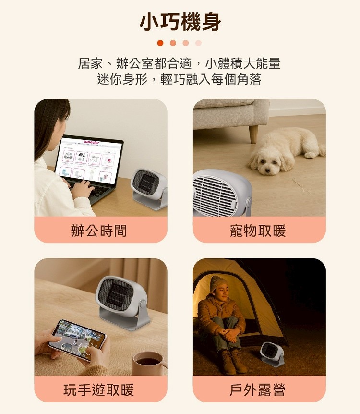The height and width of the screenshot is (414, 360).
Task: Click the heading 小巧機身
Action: [x=180, y=22]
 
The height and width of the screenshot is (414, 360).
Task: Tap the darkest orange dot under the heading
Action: [x=160, y=43]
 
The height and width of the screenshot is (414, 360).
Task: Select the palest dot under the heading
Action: [x=198, y=43]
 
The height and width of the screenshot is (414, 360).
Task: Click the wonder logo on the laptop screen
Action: [x=92, y=142]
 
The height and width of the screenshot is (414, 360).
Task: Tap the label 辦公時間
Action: [x=99, y=231]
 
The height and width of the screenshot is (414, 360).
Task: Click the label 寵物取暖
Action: [x=258, y=231]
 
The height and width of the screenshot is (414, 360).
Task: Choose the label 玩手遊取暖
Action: [x=99, y=390]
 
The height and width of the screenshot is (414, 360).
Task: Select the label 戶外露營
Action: [x=257, y=390]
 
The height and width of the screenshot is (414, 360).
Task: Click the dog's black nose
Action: [x=268, y=170]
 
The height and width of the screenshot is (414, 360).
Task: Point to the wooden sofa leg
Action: [x=253, y=134]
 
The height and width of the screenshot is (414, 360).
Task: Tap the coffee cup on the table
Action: [x=149, y=363]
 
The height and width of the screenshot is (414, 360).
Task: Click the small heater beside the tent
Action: [x=272, y=354]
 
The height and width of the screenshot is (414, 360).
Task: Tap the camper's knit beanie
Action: [x=219, y=283]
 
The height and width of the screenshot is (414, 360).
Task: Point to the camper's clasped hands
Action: [x=231, y=334]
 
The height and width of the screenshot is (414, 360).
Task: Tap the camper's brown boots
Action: [x=233, y=362]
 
